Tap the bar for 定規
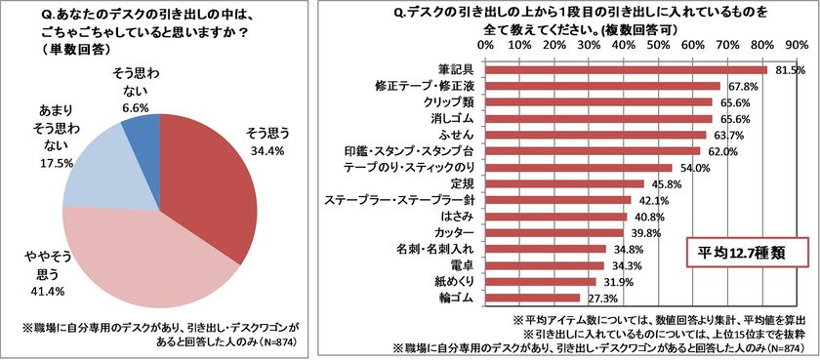565,183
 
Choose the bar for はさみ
556,217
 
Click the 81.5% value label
790,70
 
